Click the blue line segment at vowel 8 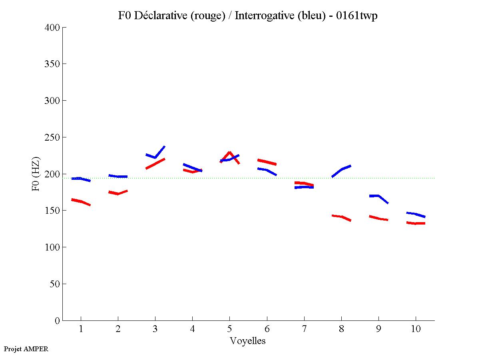click(x=342, y=170)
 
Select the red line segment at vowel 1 click(x=81, y=201)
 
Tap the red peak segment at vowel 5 click(x=229, y=153)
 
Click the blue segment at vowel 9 click(x=378, y=196)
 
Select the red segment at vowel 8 click(x=341, y=217)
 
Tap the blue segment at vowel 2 click(x=118, y=176)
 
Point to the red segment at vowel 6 click(x=267, y=162)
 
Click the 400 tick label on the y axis click(x=52, y=28)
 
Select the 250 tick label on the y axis click(x=52, y=137)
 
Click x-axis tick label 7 click(x=304, y=329)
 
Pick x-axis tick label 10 click(x=416, y=329)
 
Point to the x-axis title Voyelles click(x=248, y=341)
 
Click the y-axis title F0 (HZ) click(x=36, y=174)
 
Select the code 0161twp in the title click(x=357, y=16)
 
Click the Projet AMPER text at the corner click(x=26, y=349)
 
